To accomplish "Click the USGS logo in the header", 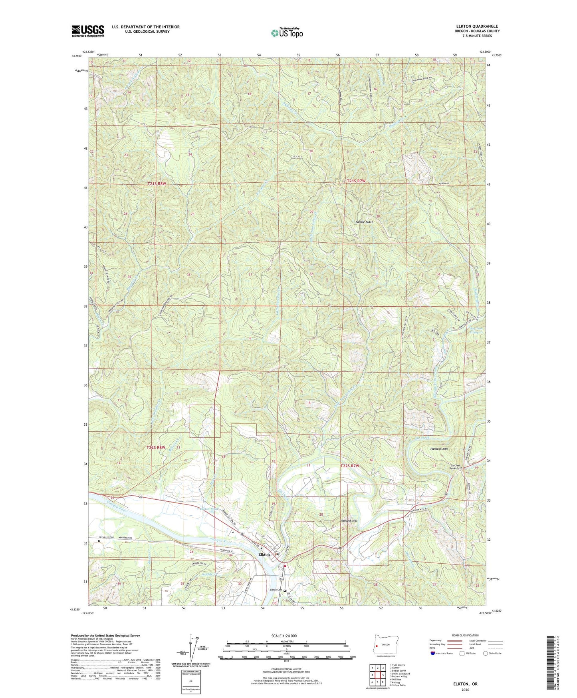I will click(x=88, y=31).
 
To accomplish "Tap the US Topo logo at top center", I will click(x=287, y=33).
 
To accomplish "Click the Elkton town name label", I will click(x=264, y=554).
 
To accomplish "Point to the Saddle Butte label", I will click(x=364, y=221).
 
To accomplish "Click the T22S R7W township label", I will click(x=350, y=466).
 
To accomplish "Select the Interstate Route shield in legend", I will click(x=434, y=653).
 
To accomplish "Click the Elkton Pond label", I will click(x=209, y=509).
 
